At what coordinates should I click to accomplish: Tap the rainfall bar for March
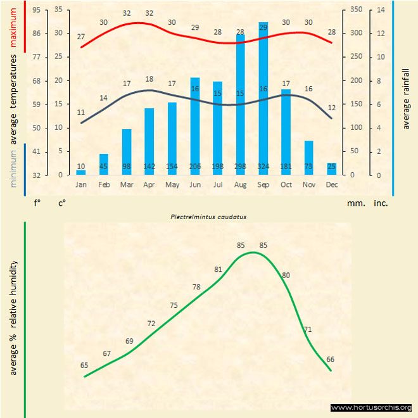(127, 152)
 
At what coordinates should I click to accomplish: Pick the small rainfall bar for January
(81, 172)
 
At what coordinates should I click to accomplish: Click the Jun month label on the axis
(195, 185)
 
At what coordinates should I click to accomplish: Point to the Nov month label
(308, 185)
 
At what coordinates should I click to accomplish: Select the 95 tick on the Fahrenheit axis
(36, 9)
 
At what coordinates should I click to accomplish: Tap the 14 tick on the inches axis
(381, 9)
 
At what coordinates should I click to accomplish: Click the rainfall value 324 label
(263, 167)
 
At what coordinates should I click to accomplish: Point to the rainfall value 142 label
(149, 167)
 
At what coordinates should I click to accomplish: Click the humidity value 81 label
(218, 269)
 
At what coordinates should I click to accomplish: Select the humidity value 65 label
(84, 365)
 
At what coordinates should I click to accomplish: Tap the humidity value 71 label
(308, 329)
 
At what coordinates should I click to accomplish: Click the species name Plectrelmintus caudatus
(208, 216)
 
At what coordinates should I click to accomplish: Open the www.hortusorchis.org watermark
(371, 408)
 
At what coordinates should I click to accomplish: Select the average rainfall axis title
(406, 98)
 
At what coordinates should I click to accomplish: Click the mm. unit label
(355, 204)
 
